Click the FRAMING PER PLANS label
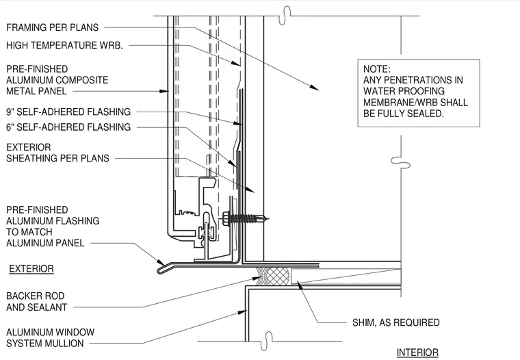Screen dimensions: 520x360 pos(53,27)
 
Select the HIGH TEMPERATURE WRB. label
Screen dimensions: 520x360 pos(64,45)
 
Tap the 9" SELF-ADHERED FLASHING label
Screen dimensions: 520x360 pos(68,112)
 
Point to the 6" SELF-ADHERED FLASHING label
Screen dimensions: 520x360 pos(68,127)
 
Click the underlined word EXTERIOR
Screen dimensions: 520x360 pos(31,269)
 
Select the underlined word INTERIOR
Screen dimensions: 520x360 pos(417,352)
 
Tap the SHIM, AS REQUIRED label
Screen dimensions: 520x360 pos(396,322)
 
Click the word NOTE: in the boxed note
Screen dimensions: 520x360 pos(377,69)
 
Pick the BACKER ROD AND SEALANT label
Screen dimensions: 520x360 pos(36,301)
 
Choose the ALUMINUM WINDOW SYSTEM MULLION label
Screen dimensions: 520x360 pos(50,338)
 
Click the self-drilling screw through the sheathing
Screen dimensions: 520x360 pos(246,218)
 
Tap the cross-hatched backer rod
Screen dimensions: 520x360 pos(278,277)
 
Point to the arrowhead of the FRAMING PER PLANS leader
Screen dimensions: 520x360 pos(315,88)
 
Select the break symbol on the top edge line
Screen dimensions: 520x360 pos(285,15)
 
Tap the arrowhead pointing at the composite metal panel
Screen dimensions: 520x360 pos(164,91)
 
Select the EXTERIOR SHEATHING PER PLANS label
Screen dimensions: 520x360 pos(57,153)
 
